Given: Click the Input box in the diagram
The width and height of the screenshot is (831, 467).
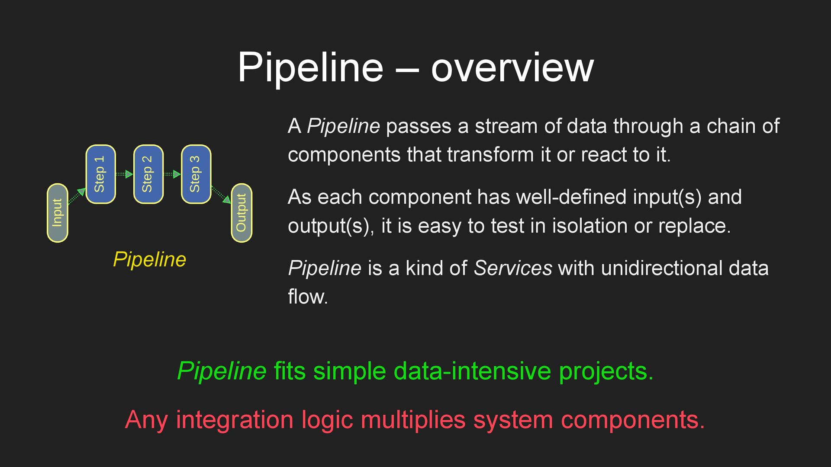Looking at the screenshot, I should [x=58, y=213].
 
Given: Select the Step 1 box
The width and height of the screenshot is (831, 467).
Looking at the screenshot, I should [x=100, y=174].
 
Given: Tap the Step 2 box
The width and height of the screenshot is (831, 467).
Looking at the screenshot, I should [x=148, y=174].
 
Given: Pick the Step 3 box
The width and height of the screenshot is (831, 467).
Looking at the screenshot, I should [x=196, y=174].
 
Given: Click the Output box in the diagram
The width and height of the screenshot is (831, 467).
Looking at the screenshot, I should [x=242, y=213].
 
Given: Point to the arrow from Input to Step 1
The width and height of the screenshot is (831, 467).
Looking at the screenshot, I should [x=77, y=195].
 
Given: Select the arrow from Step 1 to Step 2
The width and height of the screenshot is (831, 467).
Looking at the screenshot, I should [x=125, y=174].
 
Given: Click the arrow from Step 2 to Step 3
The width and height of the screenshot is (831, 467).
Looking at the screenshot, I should [x=172, y=174].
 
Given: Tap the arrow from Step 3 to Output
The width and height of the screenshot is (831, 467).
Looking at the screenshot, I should [x=221, y=195].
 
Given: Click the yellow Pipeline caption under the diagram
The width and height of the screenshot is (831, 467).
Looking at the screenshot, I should [x=149, y=259].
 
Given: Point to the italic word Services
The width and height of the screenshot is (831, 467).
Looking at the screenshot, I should [x=513, y=268].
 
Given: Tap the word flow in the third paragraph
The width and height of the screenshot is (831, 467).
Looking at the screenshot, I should [x=307, y=297].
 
